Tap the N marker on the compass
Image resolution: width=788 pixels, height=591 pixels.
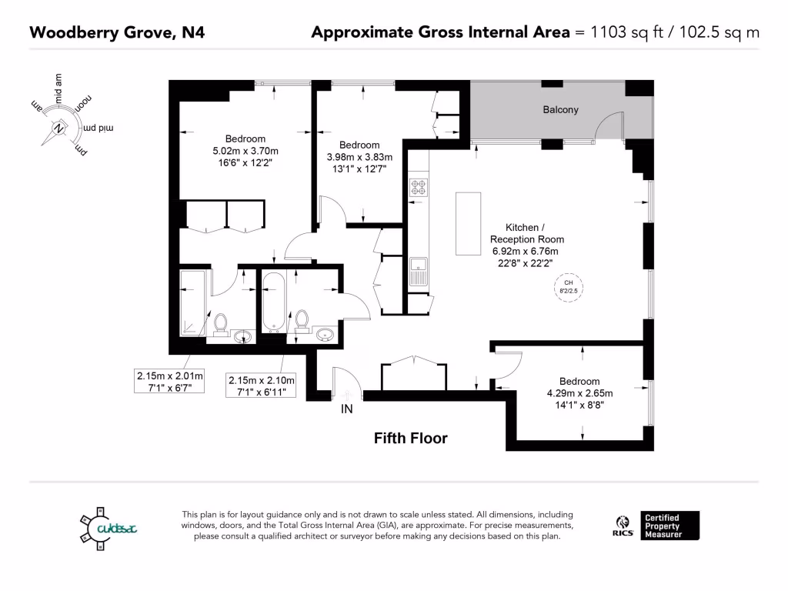coord(58,129)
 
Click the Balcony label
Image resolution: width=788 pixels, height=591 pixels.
coord(560,110)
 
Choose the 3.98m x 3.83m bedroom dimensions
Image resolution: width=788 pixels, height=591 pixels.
coord(359,157)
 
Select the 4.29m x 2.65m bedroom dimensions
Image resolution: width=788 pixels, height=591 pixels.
coord(579,393)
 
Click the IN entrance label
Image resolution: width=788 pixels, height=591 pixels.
coord(347,409)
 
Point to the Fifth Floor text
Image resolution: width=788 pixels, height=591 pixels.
coord(410,439)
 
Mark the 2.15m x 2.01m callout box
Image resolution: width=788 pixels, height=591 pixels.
coord(169,382)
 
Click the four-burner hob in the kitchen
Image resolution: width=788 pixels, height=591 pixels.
coord(419,187)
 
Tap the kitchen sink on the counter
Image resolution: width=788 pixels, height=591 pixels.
coord(419,272)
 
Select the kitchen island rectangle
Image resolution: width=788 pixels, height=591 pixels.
coord(468,223)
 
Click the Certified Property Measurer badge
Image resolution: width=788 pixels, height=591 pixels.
coord(671,525)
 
